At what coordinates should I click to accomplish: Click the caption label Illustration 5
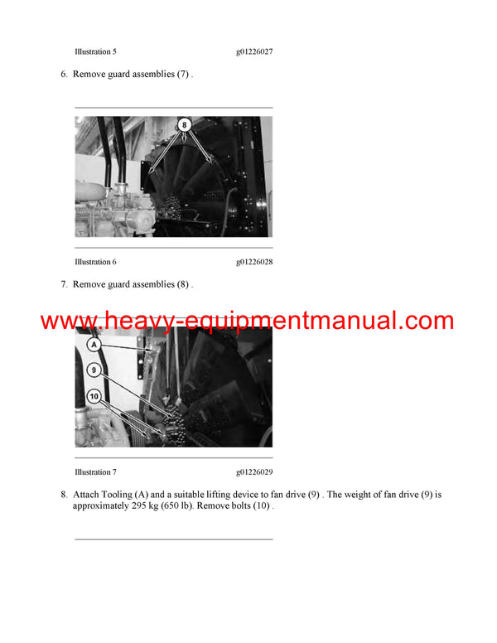[95, 52]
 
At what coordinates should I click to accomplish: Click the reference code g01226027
[254, 52]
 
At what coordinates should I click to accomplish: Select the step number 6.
[64, 75]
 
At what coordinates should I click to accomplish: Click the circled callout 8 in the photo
[185, 125]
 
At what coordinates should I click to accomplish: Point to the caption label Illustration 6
[95, 262]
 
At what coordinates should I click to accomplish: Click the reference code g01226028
[254, 262]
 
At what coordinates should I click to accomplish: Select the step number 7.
[64, 284]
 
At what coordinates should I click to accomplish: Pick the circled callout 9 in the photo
[94, 370]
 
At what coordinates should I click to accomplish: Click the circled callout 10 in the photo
[94, 397]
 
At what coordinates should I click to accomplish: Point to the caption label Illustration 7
[95, 472]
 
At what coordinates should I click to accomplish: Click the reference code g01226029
[254, 472]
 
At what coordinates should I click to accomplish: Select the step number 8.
[64, 495]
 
